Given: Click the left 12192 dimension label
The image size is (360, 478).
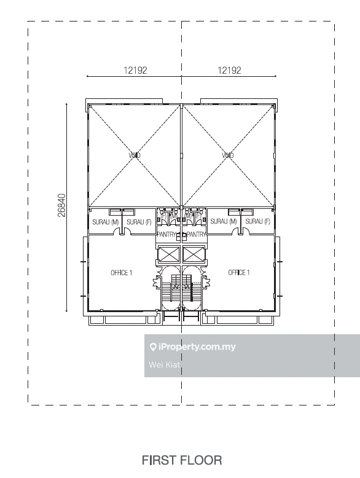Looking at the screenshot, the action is click(135, 71).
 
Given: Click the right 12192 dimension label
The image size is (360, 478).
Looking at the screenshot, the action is click(229, 71).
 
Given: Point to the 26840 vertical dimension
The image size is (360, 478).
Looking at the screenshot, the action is click(62, 205).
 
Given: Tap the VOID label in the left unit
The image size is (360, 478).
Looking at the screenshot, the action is click(135, 155).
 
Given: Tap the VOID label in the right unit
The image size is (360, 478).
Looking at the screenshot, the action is click(228, 155).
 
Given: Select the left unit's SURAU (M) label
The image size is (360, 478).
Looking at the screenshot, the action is click(106, 222).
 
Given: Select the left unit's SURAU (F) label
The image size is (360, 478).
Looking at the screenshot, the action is click(139, 222).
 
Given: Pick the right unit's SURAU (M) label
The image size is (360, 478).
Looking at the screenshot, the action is click(224, 221).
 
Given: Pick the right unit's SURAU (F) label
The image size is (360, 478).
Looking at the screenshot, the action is click(257, 221).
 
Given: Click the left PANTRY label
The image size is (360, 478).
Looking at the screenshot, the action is click(166, 235).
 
